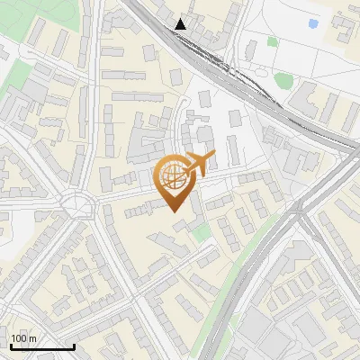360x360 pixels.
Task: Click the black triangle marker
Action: (181, 23)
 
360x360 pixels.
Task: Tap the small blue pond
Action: (312, 23)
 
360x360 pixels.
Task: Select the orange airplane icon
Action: (201, 163)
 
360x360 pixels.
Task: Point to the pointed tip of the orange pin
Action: (175, 211)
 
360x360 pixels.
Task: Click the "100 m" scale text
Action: (24, 338)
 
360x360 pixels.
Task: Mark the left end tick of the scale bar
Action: (10, 346)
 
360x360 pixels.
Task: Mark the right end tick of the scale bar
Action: (74, 346)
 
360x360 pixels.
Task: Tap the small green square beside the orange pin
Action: (202, 232)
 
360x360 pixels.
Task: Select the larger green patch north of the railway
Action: (284, 81)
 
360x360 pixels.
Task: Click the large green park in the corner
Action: (22, 18)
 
